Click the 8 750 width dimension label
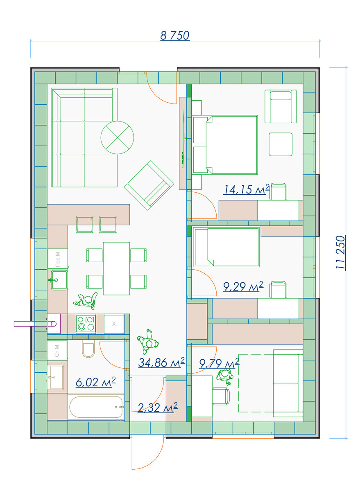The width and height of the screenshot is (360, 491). point(174,36)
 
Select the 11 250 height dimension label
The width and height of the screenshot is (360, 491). point(340,252)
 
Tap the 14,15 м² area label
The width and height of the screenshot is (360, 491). point(246,189)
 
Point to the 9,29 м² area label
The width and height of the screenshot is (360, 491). point(243,286)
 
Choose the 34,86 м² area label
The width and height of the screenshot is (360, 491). point(161,363)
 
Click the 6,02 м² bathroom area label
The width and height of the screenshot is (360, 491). point(96,382)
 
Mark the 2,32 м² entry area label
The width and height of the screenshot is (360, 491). point(158,408)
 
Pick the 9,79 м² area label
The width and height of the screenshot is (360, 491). point(219,363)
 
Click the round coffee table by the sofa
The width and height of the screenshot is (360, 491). point(117,137)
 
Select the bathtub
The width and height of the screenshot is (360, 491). point(96,407)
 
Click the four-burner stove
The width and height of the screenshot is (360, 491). point(86,324)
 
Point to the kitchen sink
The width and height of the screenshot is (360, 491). point(59,280)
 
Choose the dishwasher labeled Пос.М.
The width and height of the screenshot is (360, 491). point(58,259)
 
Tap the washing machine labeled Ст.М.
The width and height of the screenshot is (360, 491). point(57,350)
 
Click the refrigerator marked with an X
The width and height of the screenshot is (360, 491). point(114,324)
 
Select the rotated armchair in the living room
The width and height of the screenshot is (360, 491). point(149,185)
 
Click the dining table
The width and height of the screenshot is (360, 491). point(116,268)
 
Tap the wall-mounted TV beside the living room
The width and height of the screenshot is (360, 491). point(183,138)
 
